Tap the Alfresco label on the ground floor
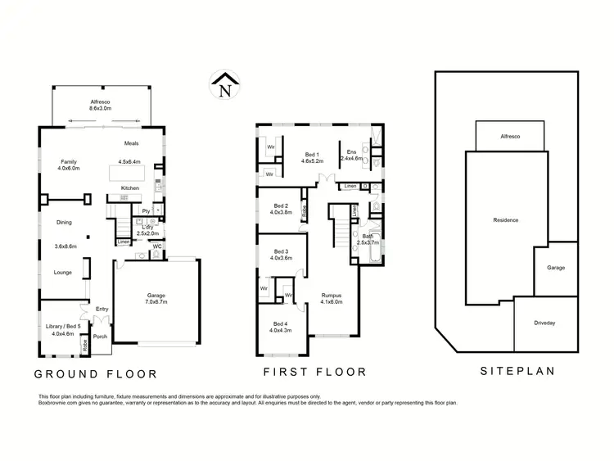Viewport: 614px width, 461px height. pos(100,105)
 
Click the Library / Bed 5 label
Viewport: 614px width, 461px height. pos(62,330)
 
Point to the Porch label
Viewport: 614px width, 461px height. pos(100,337)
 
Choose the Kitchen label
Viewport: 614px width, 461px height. pos(130,188)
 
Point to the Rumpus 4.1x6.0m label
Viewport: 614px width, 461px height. pos(331,298)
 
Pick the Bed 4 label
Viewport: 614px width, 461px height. pos(281,327)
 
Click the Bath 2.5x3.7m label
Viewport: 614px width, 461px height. pos(367,239)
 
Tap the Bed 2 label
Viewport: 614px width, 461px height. pos(281,209)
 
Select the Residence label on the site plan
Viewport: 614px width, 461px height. pos(505,220)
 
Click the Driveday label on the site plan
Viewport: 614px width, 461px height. pos(544,323)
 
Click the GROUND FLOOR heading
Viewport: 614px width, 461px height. pos(95,374)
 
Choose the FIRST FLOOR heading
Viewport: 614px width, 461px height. pos(314,372)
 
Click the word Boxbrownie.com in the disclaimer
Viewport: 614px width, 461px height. pos(59,404)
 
